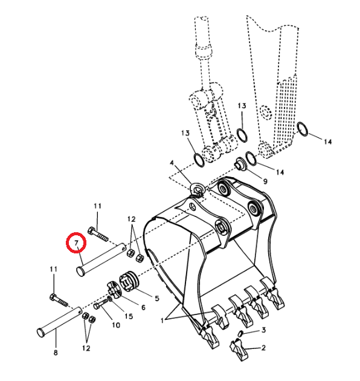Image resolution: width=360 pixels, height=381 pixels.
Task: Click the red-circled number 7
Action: pyautogui.click(x=76, y=243)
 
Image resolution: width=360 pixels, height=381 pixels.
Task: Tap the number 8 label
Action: pyautogui.click(x=56, y=353)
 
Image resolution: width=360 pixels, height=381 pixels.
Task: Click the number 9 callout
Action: pyautogui.click(x=265, y=181)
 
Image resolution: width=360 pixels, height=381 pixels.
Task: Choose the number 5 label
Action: pyautogui.click(x=156, y=298)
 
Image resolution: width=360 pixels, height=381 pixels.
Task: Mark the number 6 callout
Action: pyautogui.click(x=143, y=307)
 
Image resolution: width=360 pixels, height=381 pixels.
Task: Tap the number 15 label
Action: pyautogui.click(x=128, y=316)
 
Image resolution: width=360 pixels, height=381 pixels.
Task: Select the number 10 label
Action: pyautogui.click(x=115, y=325)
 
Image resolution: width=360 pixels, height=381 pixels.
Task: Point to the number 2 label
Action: pyautogui.click(x=263, y=348)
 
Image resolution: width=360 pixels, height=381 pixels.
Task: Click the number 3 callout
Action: pyautogui.click(x=263, y=330)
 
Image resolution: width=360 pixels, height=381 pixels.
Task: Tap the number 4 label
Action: pyautogui.click(x=171, y=163)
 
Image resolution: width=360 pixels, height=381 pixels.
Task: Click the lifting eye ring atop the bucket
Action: pyautogui.click(x=198, y=190)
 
